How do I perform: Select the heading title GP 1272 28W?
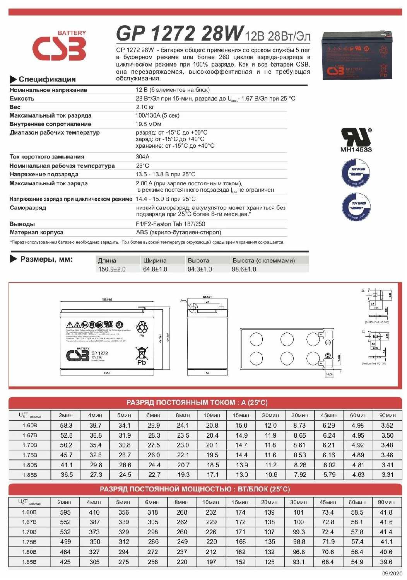pos(180,34)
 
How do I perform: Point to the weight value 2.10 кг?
pos(145,107)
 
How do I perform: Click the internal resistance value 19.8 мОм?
pos(148,124)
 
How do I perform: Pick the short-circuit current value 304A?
pos(142,157)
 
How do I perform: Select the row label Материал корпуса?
pos(36,232)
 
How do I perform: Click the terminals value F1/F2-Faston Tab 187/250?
pos(170,224)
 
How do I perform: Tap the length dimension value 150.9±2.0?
pos(112,269)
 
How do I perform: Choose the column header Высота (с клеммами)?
pos(263,261)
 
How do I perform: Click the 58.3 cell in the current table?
pos(66,425)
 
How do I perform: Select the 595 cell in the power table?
pos(65,512)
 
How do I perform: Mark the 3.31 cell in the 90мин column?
pos(387,474)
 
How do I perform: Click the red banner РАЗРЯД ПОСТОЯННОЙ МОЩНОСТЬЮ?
pos(195,489)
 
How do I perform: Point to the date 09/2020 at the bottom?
pos(392,573)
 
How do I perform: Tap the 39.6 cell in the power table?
pos(386,562)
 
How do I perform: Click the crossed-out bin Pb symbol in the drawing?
pos(142,356)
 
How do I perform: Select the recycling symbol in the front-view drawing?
pos(142,328)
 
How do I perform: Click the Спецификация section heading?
pos(47,79)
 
